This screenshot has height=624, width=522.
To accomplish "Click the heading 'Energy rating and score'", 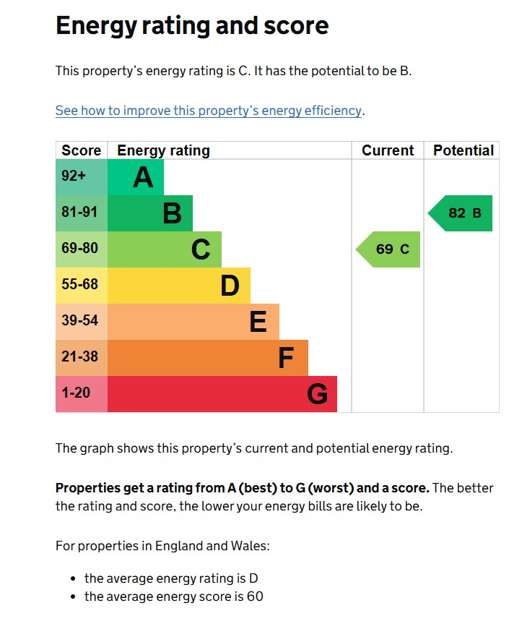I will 192,26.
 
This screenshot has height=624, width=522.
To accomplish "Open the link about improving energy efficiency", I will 209,111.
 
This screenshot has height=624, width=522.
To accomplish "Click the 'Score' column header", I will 81,150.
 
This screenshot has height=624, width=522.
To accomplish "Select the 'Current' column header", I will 388,150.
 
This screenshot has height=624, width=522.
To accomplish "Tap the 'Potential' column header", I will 463,150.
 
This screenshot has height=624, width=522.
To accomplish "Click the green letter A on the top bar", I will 143,177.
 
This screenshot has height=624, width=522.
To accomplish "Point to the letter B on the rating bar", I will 172,213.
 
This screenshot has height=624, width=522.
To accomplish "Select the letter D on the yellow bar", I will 230,286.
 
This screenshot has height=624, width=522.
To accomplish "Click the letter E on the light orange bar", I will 258,322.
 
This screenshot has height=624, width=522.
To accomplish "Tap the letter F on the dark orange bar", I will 286,358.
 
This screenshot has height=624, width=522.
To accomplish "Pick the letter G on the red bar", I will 317,394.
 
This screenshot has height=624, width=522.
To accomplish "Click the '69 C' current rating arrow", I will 390,249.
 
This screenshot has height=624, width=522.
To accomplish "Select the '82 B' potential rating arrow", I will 462,213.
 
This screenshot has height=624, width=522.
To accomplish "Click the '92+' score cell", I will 74,176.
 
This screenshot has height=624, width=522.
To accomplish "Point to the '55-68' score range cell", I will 79,285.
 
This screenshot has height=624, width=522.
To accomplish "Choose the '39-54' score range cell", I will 79,321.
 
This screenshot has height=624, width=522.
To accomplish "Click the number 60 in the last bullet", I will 255,597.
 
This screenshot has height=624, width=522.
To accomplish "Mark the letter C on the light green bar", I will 201,249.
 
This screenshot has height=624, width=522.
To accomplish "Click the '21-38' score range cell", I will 79,357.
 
